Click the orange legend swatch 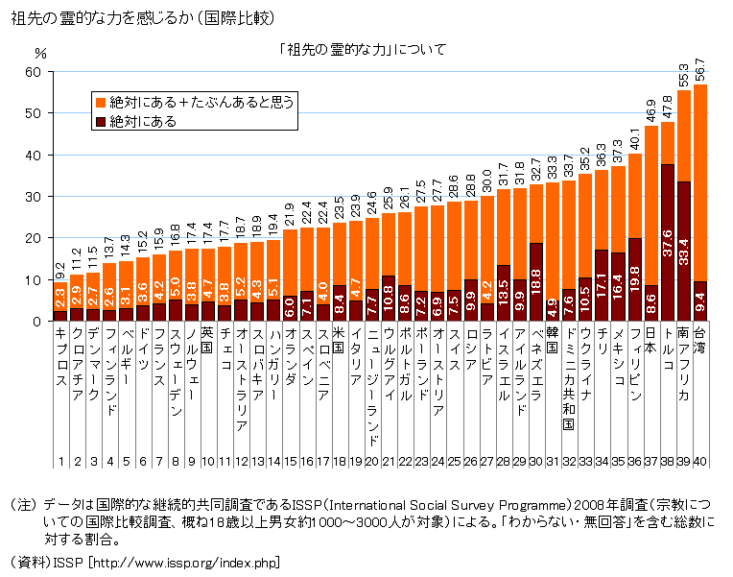point(101,100)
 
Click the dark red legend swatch point(101,123)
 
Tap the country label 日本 point(651,341)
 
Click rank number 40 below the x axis point(700,462)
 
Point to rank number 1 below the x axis point(60,462)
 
